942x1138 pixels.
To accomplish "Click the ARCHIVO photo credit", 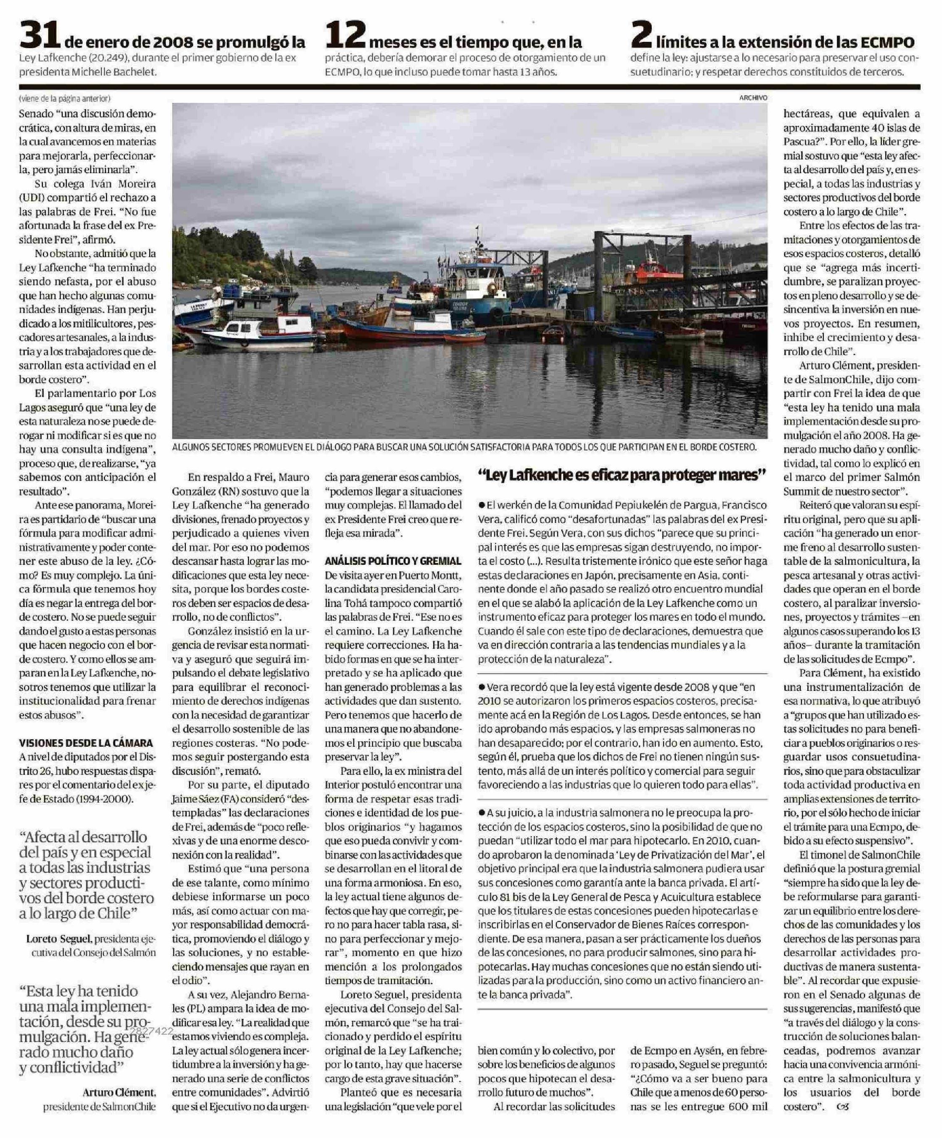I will coord(753,98).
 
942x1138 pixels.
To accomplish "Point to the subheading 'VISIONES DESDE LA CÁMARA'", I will coord(86,743).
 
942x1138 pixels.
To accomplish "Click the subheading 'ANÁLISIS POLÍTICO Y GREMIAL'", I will coord(393,561).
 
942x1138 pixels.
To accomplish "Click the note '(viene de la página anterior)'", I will coord(64,99).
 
